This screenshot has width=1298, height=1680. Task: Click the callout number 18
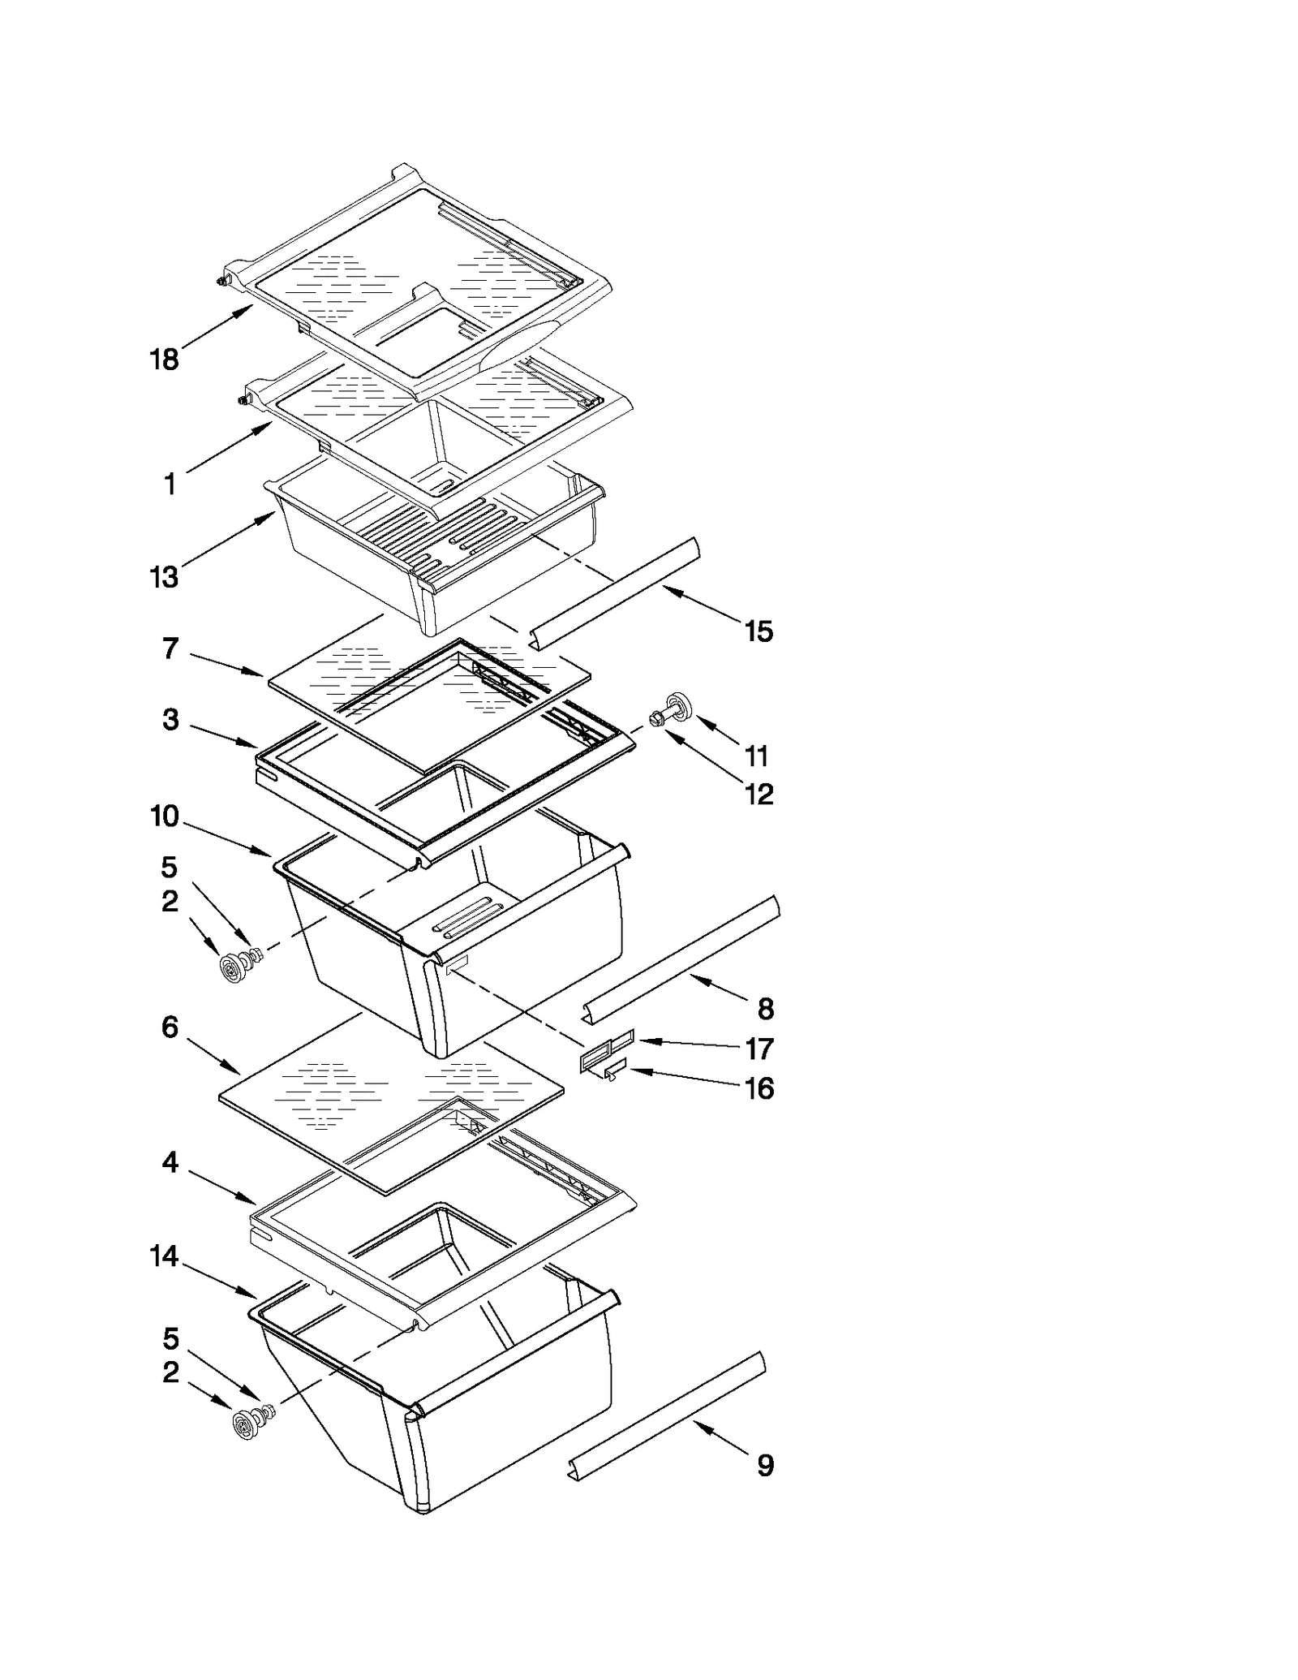(165, 359)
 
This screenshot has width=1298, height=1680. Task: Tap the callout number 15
(759, 631)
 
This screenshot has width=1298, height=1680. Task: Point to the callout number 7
(170, 648)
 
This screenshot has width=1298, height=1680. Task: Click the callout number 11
(756, 756)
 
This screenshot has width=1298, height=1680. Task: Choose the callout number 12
(759, 794)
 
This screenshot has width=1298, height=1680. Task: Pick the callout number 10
(165, 816)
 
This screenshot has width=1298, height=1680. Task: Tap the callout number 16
(759, 1088)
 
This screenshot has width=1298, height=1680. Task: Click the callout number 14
(165, 1256)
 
